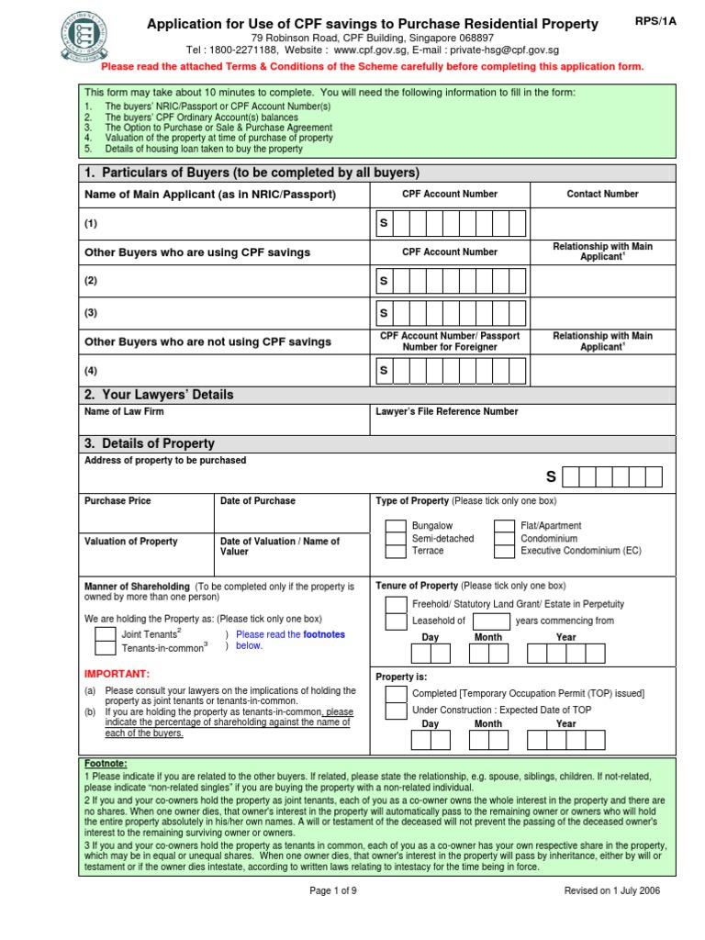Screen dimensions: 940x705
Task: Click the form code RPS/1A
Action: click(x=655, y=22)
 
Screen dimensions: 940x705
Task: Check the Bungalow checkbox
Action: click(x=395, y=527)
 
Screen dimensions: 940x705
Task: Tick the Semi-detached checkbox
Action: click(x=395, y=539)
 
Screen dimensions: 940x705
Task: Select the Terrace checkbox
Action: click(x=395, y=552)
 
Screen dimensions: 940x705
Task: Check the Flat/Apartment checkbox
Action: click(x=504, y=527)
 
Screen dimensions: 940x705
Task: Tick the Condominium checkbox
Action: click(x=504, y=539)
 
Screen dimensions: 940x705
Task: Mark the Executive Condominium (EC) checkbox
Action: click(x=504, y=552)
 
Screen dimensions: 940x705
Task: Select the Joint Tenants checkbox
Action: click(x=105, y=634)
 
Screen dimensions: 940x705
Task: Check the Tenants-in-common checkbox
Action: click(x=105, y=647)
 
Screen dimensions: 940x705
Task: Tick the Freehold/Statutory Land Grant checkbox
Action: click(x=396, y=604)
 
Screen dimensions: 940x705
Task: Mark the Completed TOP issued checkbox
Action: click(x=396, y=694)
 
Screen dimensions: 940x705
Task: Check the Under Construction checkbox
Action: click(x=396, y=711)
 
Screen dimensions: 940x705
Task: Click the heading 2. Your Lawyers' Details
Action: click(x=159, y=395)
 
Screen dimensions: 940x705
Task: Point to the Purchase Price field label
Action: click(x=117, y=501)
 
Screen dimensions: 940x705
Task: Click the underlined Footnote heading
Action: click(x=106, y=764)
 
